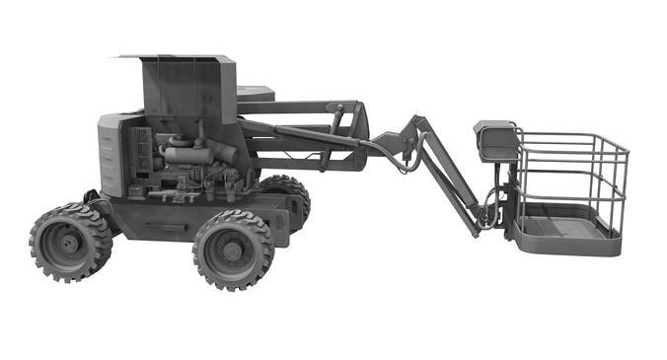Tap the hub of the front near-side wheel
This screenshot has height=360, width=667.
tap(233, 251)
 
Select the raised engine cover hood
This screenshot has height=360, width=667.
tap(187, 85)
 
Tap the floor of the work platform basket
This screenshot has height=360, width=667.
tap(562, 229)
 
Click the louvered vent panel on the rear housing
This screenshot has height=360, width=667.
tap(108, 157)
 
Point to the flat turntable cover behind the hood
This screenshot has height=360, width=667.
tap(256, 94)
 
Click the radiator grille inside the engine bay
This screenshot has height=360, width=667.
tap(143, 153)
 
